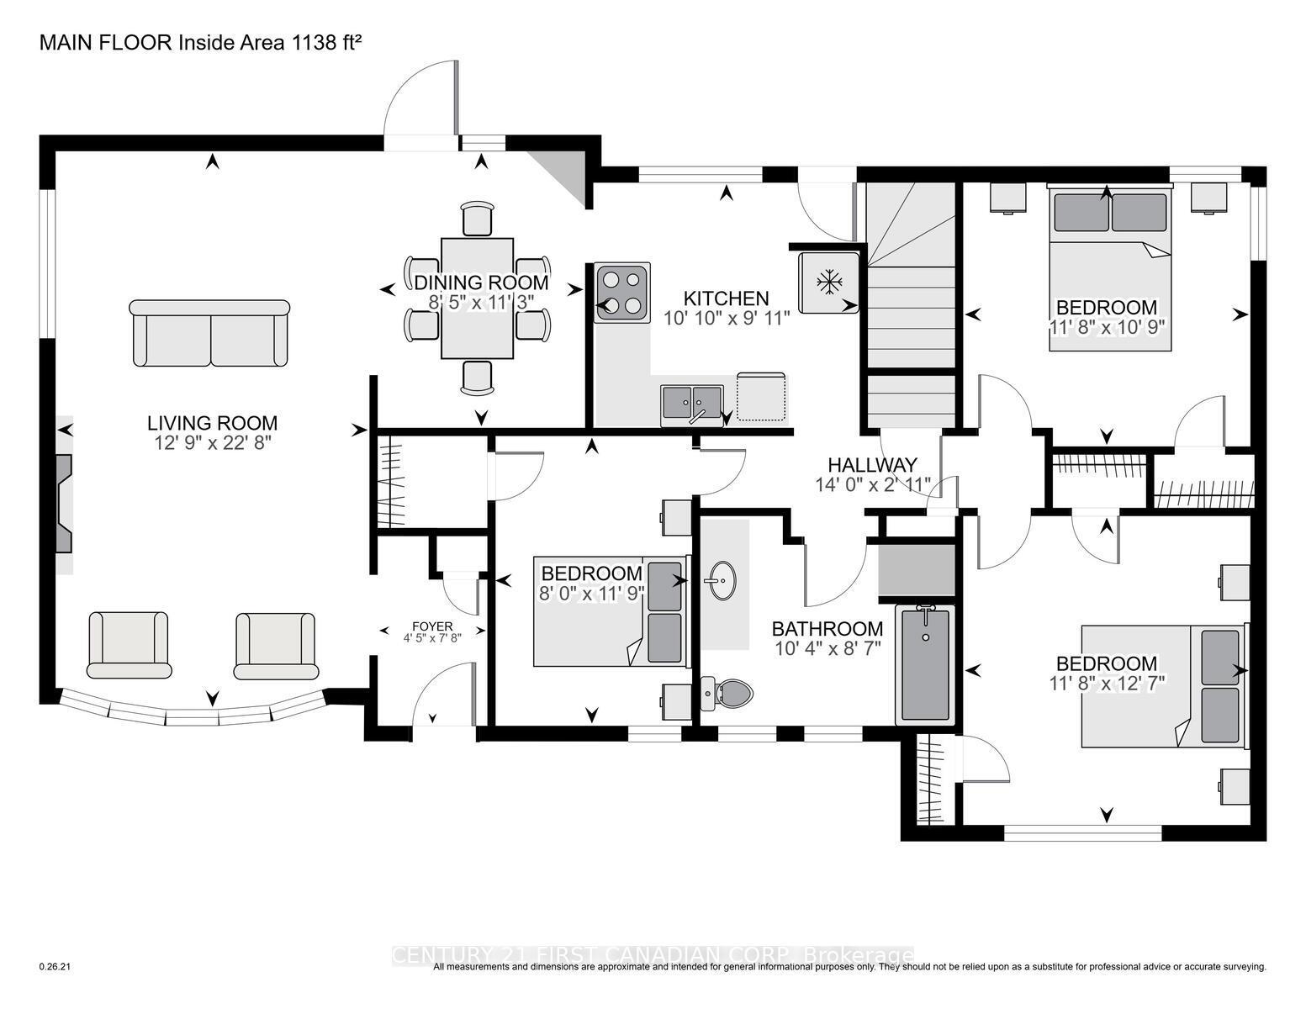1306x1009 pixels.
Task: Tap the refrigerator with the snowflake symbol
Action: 829,282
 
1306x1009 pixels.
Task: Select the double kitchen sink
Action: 691,403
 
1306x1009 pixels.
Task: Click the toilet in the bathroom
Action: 728,693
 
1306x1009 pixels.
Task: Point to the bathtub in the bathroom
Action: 925,663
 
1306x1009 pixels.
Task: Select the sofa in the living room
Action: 209,333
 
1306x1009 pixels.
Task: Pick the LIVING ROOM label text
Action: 212,423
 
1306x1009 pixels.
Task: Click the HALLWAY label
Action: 872,465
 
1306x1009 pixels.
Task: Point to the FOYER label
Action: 432,626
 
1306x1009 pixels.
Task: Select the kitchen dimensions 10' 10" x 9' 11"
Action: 727,318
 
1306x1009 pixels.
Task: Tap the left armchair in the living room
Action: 129,644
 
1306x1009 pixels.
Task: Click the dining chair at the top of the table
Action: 478,219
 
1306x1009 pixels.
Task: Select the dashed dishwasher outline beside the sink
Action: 761,396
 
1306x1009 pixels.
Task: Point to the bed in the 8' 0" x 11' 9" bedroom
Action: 610,610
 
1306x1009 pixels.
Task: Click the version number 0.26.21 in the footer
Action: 56,967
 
